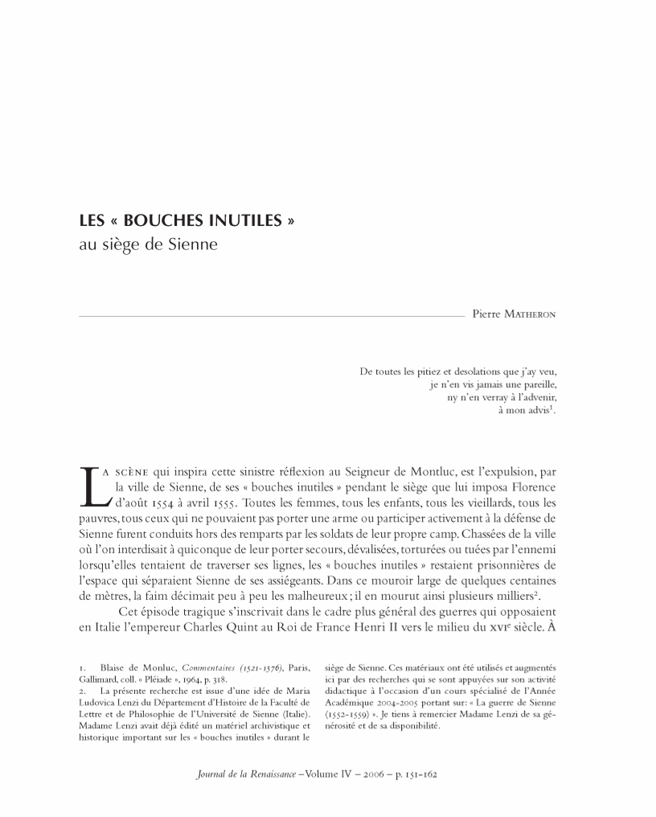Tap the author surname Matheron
click(x=531, y=314)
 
